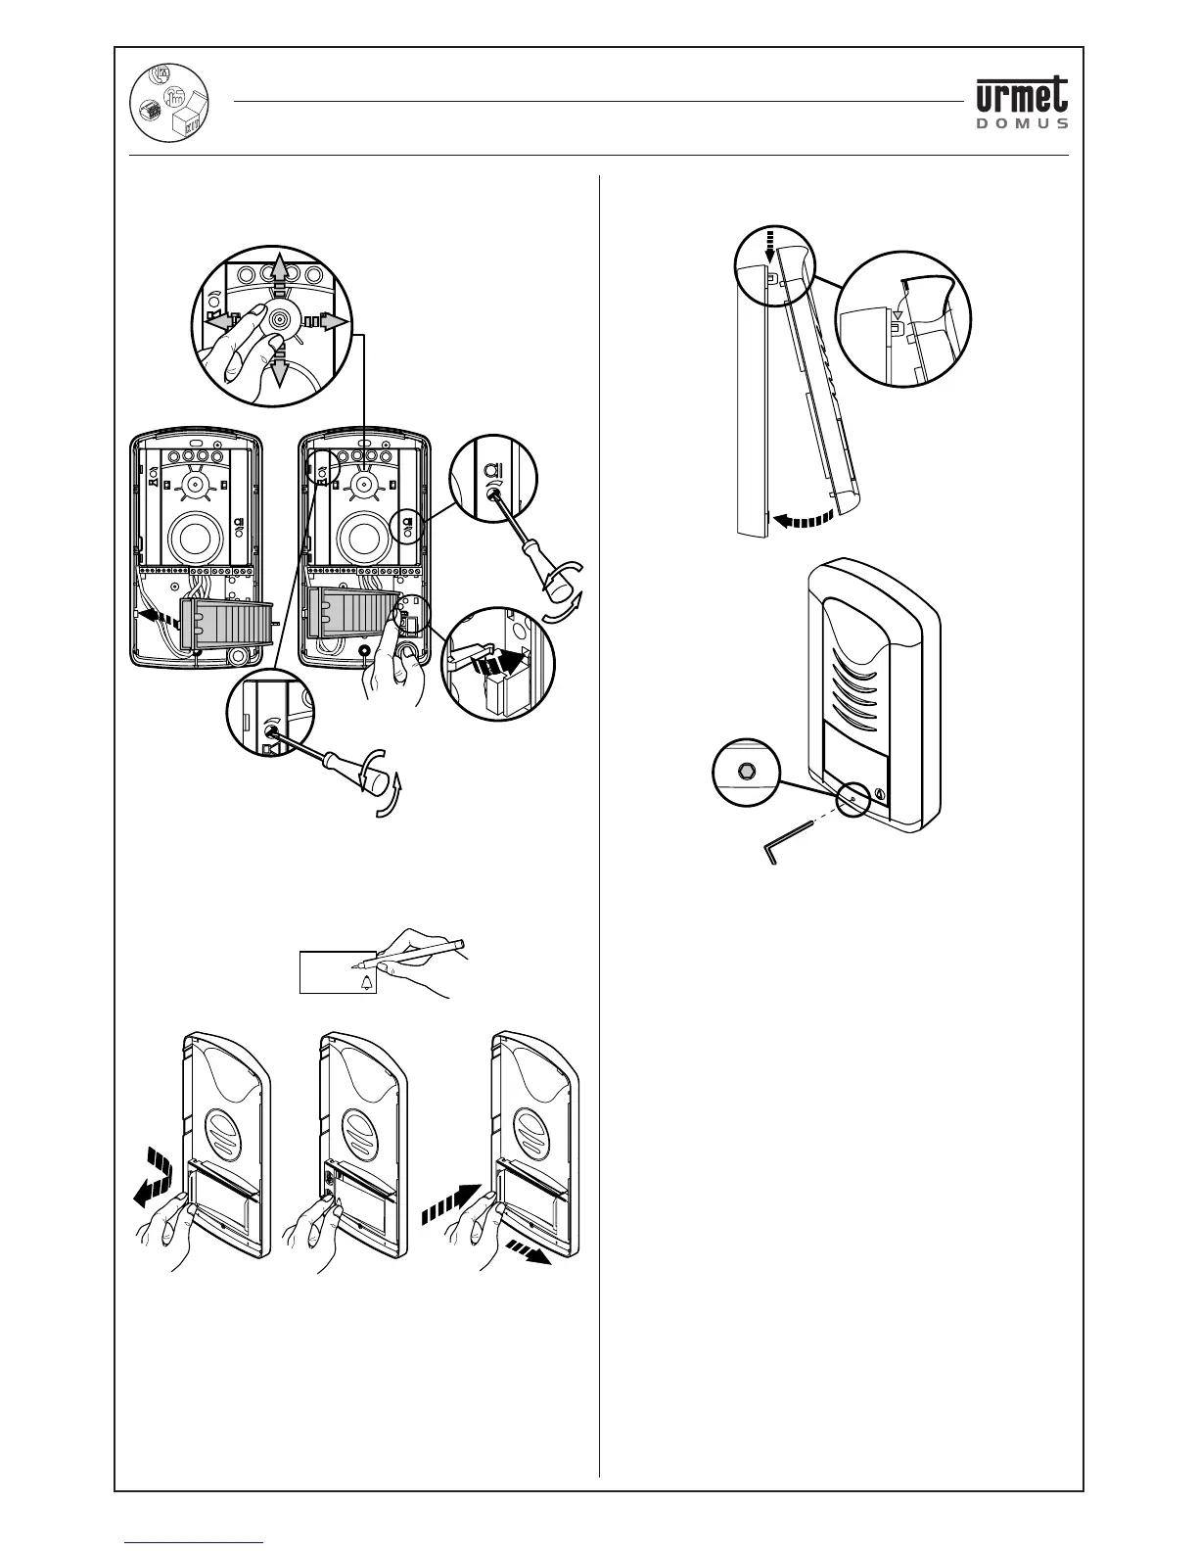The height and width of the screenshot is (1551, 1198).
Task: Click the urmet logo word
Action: click(x=1022, y=96)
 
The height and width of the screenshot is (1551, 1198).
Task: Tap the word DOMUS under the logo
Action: click(x=1022, y=124)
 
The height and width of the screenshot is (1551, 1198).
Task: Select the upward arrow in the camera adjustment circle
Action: click(x=280, y=269)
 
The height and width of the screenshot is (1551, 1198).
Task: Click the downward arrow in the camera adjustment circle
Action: click(x=279, y=367)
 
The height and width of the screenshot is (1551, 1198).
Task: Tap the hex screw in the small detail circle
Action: click(x=746, y=770)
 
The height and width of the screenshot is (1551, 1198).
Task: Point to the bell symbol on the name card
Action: click(x=368, y=983)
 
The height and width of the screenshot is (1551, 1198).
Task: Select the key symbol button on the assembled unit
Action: click(x=878, y=794)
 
